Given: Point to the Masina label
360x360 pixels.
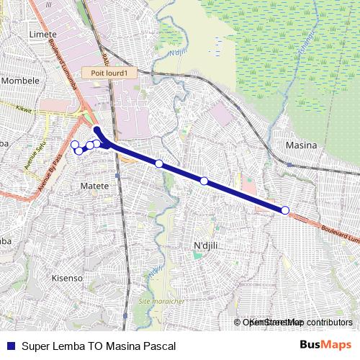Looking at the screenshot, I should [302, 145].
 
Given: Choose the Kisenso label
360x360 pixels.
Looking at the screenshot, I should [68, 278].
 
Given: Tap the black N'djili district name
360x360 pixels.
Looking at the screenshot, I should [206, 247].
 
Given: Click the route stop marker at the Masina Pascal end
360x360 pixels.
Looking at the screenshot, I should [285, 210].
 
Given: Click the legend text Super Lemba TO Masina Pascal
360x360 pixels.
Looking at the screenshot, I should [99, 346].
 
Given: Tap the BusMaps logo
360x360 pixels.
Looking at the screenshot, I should [326, 345].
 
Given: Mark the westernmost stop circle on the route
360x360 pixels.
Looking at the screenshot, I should [74, 145].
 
